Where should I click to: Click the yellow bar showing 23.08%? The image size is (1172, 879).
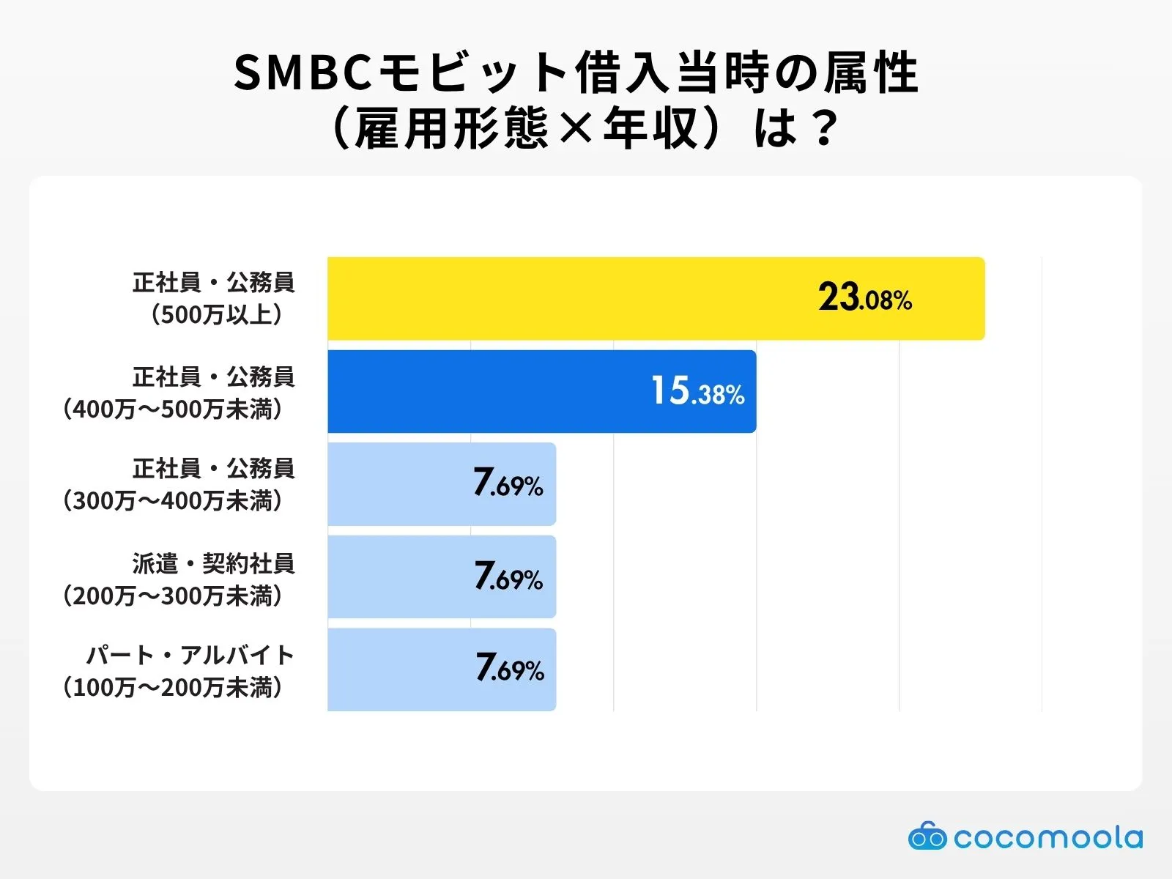point(656,298)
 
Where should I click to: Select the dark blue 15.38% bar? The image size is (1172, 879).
point(542,391)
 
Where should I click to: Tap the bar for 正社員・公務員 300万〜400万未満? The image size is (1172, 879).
point(442,484)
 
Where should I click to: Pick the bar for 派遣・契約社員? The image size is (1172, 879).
point(442,577)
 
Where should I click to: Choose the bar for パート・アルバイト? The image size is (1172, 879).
point(442,670)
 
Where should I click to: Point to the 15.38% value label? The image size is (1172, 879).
point(697,391)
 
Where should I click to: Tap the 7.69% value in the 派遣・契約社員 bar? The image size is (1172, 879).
point(508,577)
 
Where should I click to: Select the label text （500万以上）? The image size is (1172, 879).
point(217,315)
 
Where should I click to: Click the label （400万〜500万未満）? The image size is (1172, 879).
point(173,409)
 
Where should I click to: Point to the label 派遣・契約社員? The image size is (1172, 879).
point(213,563)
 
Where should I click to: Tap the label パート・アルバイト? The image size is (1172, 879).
point(190,655)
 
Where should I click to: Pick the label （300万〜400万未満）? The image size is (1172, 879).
point(173,501)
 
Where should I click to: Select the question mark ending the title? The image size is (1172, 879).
point(824,129)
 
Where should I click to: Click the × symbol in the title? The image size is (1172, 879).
point(575,129)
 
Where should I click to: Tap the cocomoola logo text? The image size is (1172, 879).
point(1048,837)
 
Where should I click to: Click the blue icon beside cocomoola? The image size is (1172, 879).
point(927,837)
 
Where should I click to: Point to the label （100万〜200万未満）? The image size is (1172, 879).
point(173,688)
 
